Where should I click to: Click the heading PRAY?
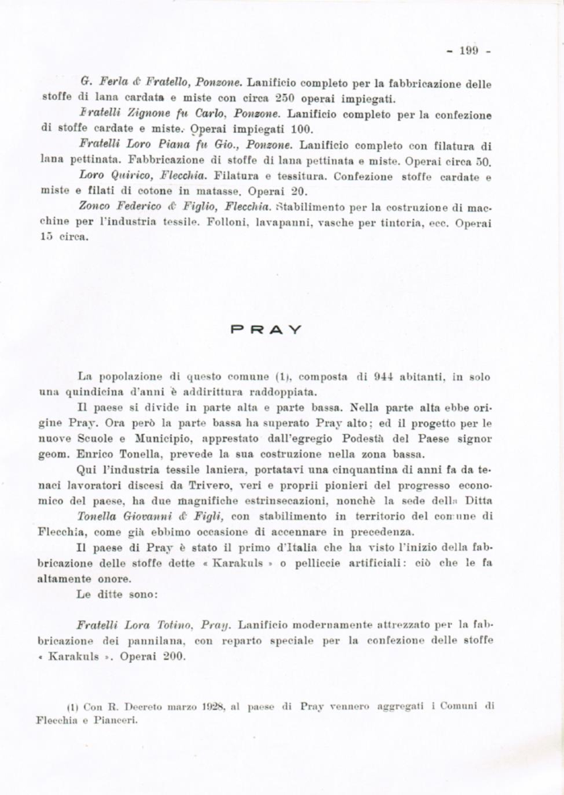point(266,329)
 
